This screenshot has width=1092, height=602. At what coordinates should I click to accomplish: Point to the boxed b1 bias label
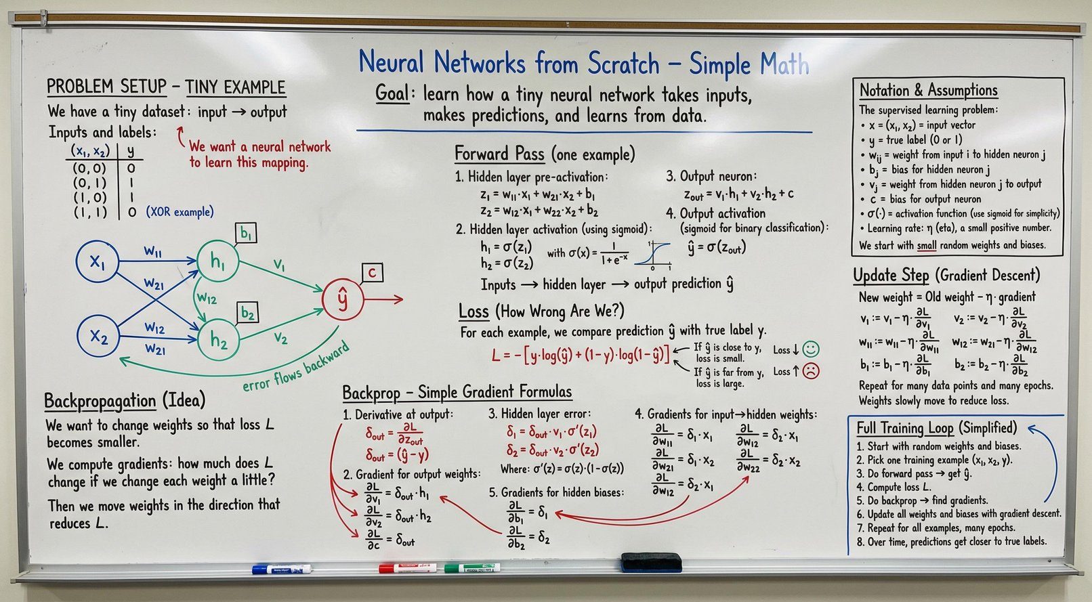pos(246,233)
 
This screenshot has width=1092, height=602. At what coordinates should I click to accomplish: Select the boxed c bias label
pos(372,272)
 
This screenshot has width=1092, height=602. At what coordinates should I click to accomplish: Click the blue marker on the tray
pos(282,569)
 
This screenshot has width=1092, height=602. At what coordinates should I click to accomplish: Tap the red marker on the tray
pos(408,568)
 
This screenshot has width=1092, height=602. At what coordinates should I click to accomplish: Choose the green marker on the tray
pos(472,567)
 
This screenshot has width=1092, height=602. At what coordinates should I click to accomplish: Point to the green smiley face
pos(811,349)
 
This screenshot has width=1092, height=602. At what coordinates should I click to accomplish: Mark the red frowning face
pos(811,372)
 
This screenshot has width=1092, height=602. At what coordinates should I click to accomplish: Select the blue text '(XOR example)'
pos(180,212)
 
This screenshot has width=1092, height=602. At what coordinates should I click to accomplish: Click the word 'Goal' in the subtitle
pos(392,93)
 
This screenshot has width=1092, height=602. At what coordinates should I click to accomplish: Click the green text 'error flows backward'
pos(297,366)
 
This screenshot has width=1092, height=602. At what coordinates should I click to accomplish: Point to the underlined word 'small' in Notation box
pos(927,245)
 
